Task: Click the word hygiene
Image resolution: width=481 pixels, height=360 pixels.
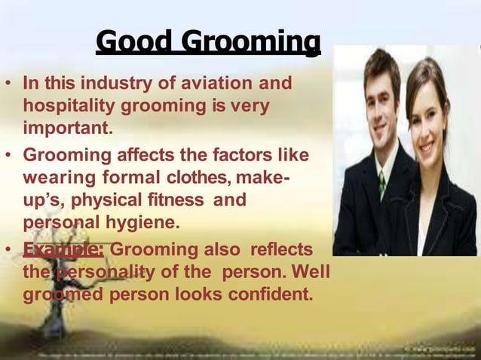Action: [x=148, y=224]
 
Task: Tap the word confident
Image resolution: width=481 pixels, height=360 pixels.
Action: [x=267, y=294]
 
